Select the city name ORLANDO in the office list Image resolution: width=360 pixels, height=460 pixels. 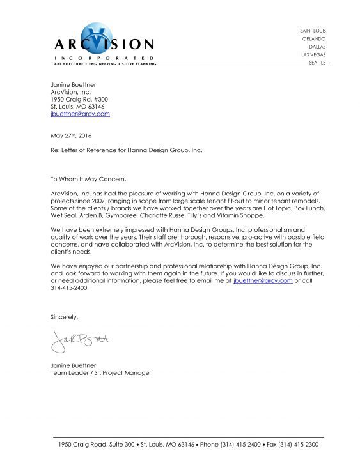pyautogui.click(x=313, y=38)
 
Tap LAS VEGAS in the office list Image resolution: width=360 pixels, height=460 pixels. pyautogui.click(x=312, y=54)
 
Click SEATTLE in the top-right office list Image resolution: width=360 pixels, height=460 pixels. pyautogui.click(x=316, y=63)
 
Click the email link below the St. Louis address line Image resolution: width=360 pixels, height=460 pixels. pyautogui.click(x=80, y=114)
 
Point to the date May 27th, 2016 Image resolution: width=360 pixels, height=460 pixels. pyautogui.click(x=72, y=135)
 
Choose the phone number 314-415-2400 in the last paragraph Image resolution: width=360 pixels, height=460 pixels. pyautogui.click(x=69, y=287)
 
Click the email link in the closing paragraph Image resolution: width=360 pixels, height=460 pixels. pyautogui.click(x=263, y=280)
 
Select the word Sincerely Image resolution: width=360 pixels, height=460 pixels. pyautogui.click(x=64, y=317)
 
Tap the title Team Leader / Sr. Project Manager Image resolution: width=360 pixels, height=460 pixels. pyautogui.click(x=100, y=372)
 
